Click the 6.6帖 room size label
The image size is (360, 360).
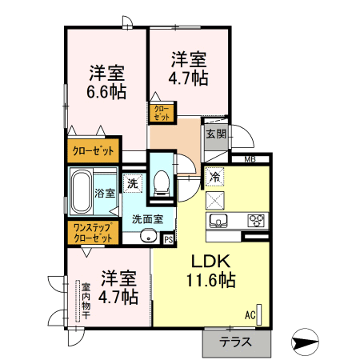tap(106, 92)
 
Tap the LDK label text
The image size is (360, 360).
tap(211, 262)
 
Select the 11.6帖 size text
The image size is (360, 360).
tap(210, 280)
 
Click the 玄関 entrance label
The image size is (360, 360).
tap(216, 134)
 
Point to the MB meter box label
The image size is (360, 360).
tap(250, 159)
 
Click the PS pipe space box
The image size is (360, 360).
tap(169, 239)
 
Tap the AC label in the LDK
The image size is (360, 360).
tap(250, 315)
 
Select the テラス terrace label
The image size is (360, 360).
tap(235, 342)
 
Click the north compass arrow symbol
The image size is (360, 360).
tap(305, 342)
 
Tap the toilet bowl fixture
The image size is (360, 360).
tap(162, 183)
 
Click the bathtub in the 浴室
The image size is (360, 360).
tap(82, 192)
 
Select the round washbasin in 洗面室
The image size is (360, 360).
tap(148, 236)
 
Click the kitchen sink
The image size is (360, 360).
tap(218, 221)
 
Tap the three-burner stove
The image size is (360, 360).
tap(256, 221)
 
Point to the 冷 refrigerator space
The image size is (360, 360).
tap(214, 176)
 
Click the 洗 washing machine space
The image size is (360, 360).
tap(133, 183)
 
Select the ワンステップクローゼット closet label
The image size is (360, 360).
tap(93, 233)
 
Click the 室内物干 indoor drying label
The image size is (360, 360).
tap(86, 301)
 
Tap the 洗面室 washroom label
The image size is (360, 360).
tap(147, 219)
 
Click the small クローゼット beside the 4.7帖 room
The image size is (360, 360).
tap(162, 113)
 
